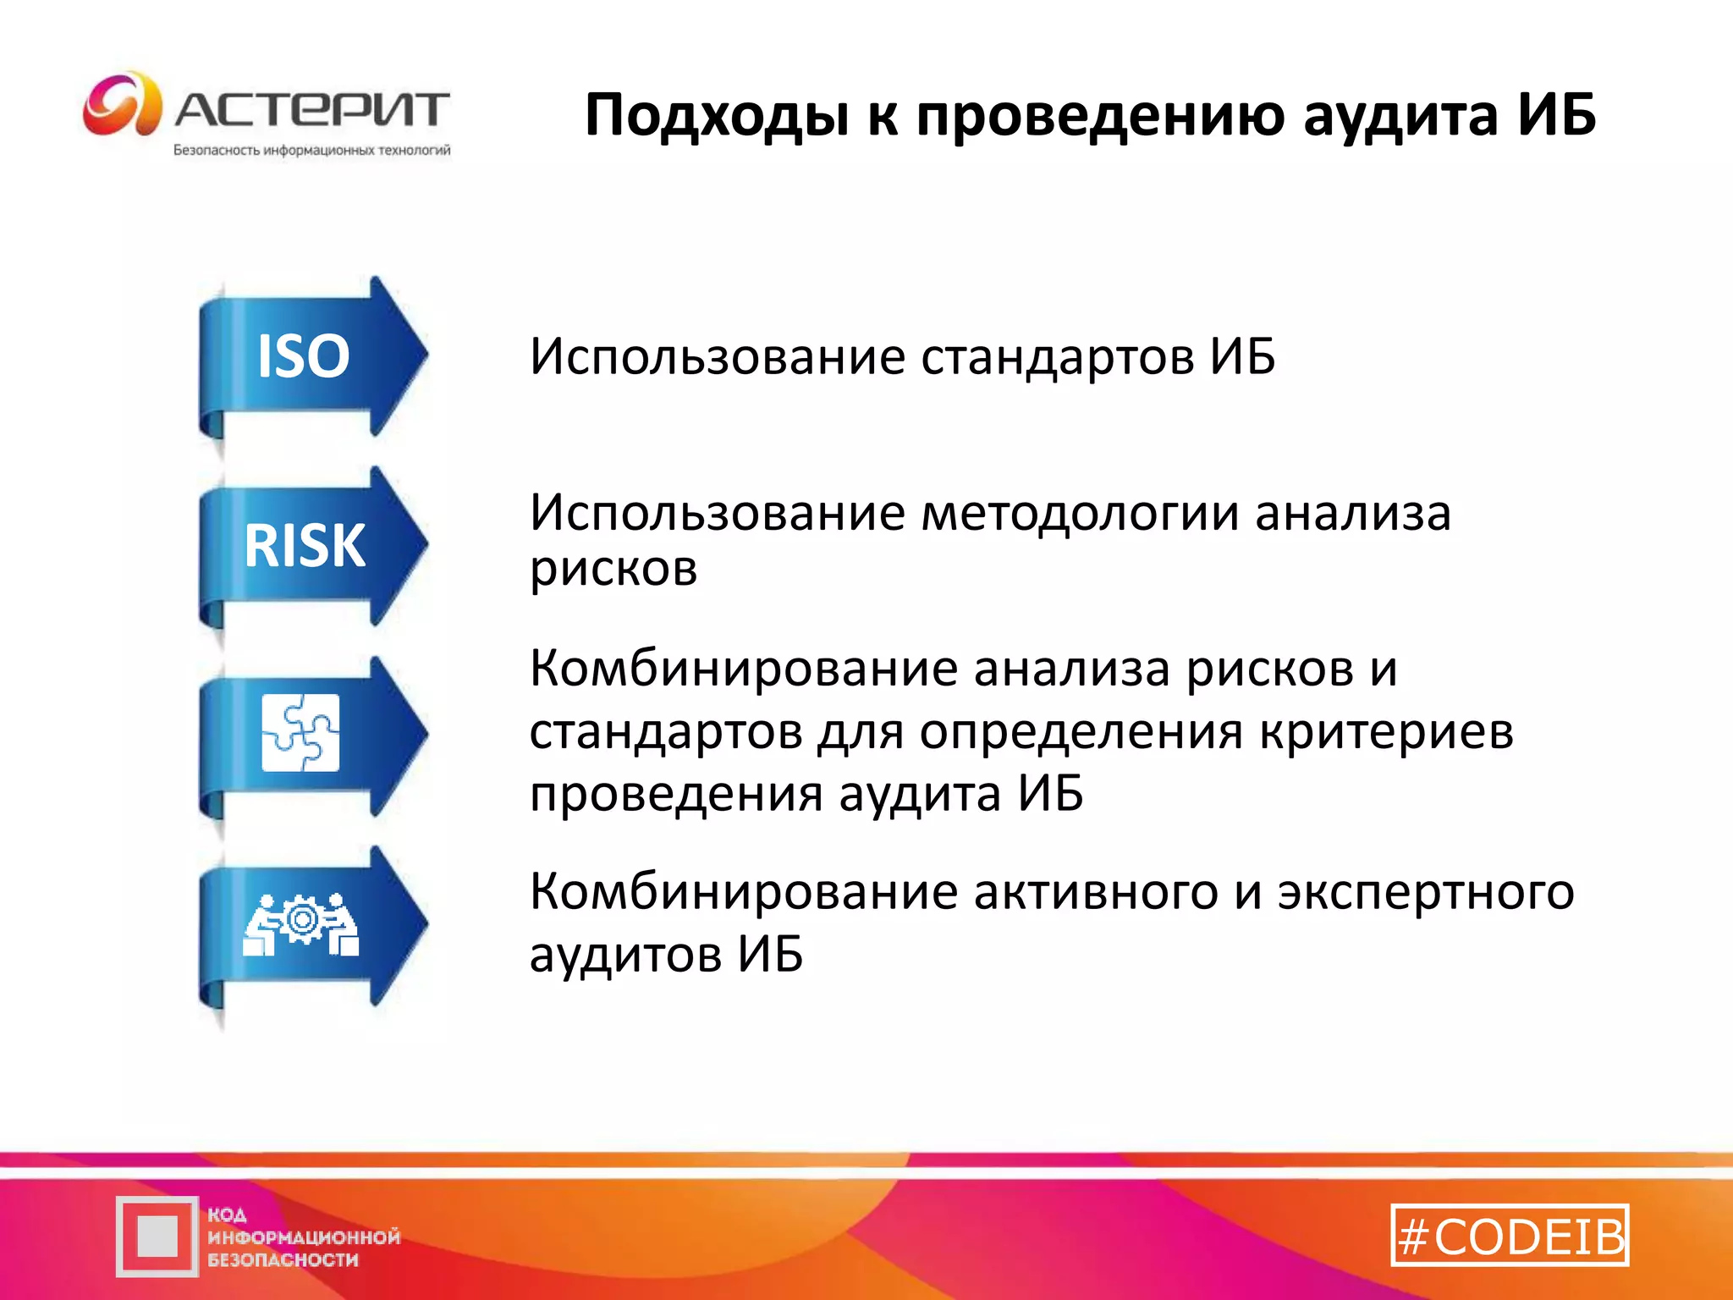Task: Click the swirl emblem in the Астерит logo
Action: click(122, 105)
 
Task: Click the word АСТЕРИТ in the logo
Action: click(312, 110)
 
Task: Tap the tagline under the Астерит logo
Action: click(311, 151)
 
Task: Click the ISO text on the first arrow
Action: click(303, 356)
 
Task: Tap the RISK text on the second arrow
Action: click(305, 546)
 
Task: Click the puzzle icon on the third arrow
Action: click(300, 733)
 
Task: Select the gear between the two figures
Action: click(301, 920)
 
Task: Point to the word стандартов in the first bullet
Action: click(1057, 356)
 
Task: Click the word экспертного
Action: click(1426, 892)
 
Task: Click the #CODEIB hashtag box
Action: click(1510, 1236)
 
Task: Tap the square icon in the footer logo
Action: click(157, 1237)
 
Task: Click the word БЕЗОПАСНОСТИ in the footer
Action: click(283, 1260)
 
